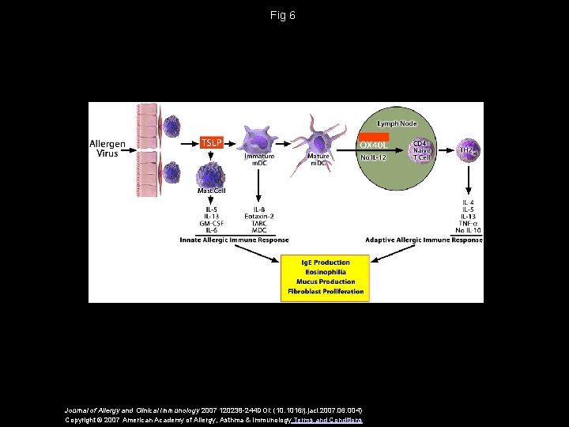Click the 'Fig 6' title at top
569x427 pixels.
(282, 15)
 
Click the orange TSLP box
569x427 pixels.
(211, 142)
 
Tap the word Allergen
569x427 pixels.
(107, 144)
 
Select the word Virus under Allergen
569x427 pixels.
(107, 153)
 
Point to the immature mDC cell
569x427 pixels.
(259, 135)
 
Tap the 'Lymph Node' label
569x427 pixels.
(397, 123)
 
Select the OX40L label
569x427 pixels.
(374, 145)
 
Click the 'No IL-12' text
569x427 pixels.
(374, 157)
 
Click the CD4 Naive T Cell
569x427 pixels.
(420, 149)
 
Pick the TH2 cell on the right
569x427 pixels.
(470, 149)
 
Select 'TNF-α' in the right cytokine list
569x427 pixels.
(469, 223)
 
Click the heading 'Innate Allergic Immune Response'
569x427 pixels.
(234, 240)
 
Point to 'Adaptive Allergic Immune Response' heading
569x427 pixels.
(424, 240)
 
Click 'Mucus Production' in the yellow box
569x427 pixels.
(326, 282)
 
